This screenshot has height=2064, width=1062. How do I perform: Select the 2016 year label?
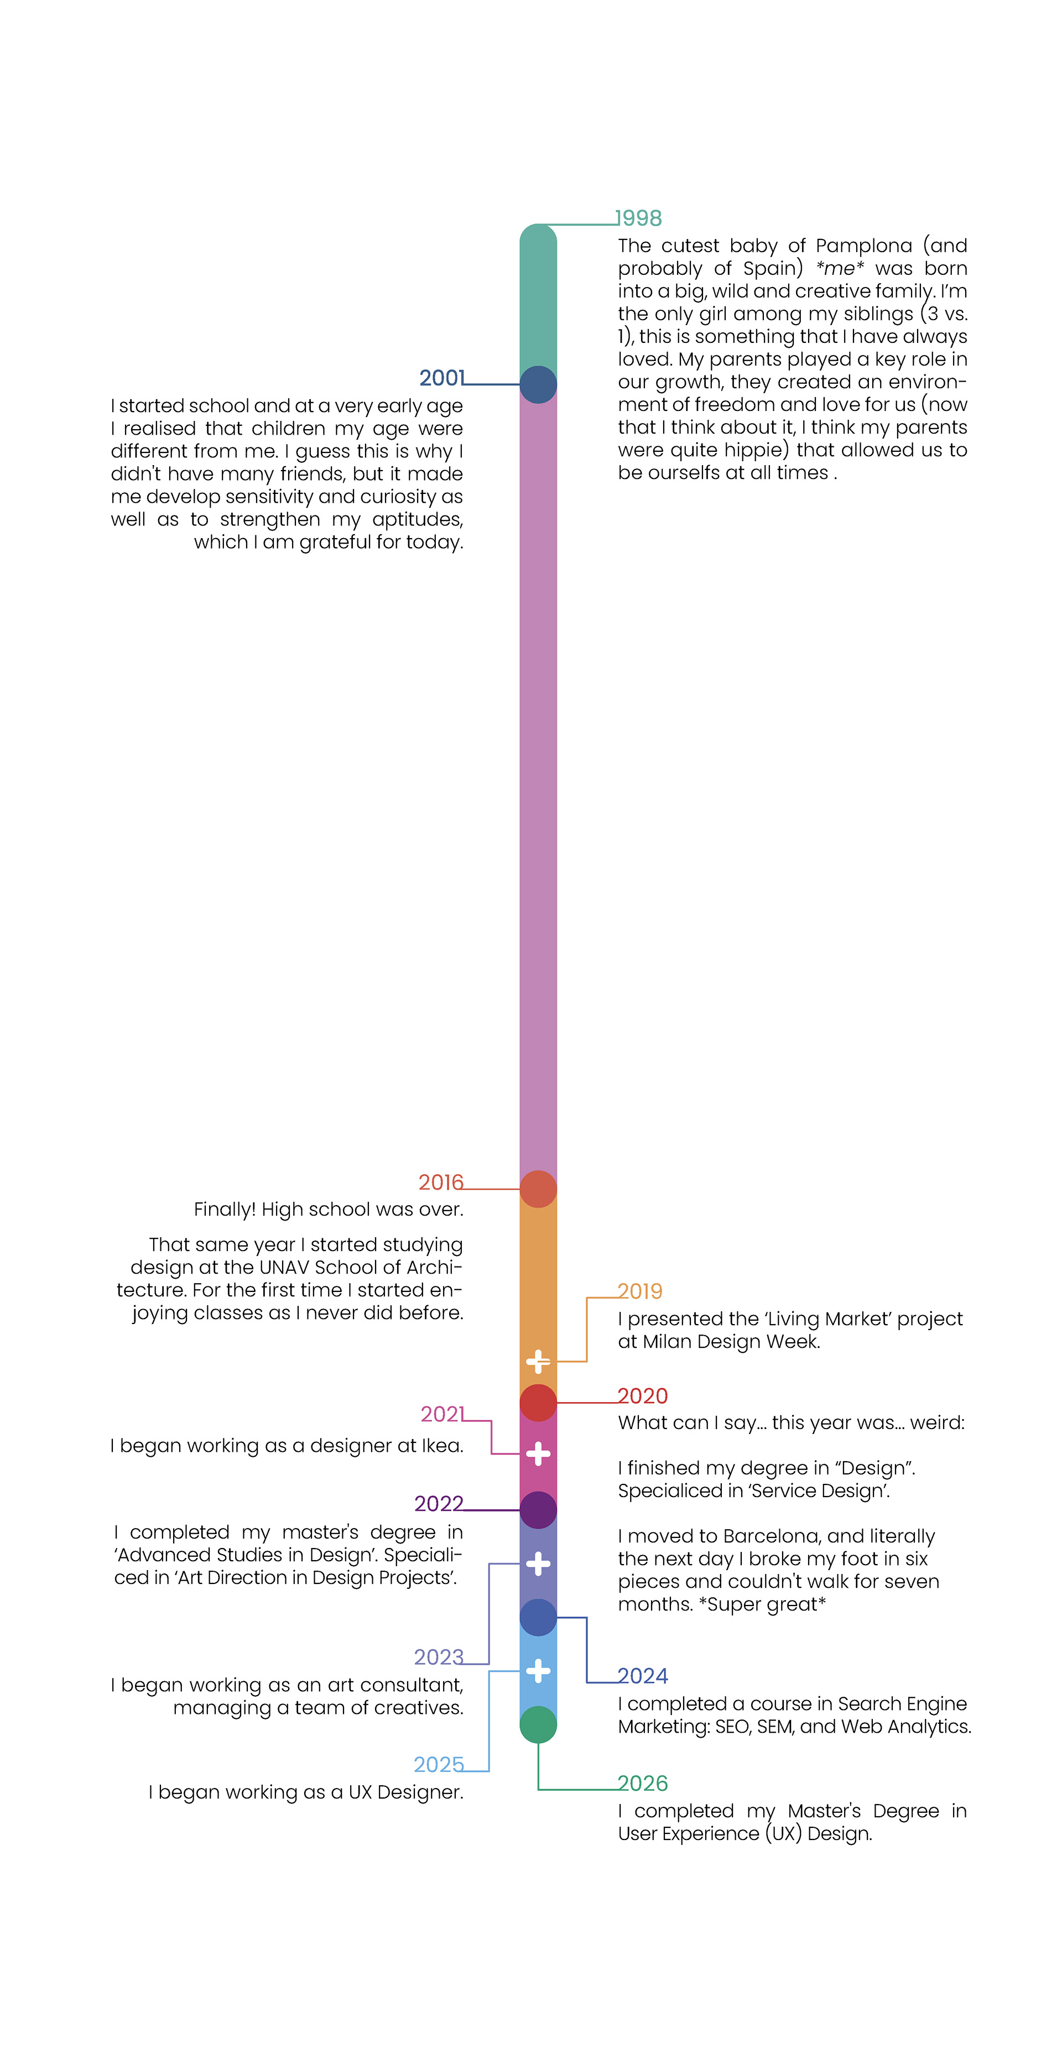click(x=441, y=1182)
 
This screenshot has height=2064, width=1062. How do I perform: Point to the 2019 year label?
click(x=639, y=1291)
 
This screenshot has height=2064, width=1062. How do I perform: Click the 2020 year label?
click(x=642, y=1396)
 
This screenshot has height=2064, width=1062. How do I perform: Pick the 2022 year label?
click(x=439, y=1503)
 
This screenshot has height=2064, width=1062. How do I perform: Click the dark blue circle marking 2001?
click(x=538, y=384)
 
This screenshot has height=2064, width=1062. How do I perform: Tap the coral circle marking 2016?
click(x=538, y=1189)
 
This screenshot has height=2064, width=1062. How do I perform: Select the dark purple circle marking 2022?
click(x=538, y=1510)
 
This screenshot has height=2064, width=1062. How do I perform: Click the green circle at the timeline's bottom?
click(x=538, y=1724)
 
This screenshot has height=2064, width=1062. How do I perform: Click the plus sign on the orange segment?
click(x=538, y=1361)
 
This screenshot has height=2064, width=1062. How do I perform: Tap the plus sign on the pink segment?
click(x=538, y=1453)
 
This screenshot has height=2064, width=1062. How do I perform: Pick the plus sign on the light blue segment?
click(x=538, y=1671)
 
